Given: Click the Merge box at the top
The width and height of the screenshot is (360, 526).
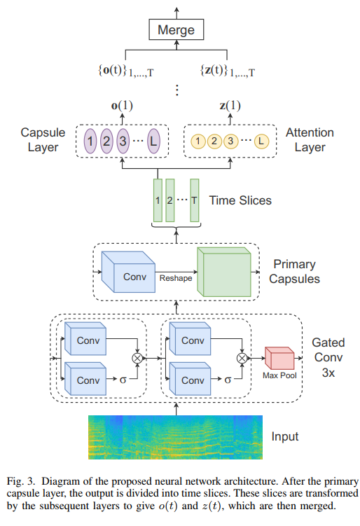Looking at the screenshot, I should click(x=176, y=31).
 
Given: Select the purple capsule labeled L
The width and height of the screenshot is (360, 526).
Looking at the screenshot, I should click(x=154, y=142).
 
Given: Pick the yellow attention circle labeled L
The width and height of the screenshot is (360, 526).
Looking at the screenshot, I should click(x=262, y=142).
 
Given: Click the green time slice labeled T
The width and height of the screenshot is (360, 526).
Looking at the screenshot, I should click(x=194, y=200).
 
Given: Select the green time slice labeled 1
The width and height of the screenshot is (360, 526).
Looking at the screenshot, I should click(x=158, y=200).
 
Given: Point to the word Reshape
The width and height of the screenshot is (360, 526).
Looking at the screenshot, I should click(x=175, y=278).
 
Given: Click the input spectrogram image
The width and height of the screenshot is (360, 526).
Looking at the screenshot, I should click(x=174, y=436).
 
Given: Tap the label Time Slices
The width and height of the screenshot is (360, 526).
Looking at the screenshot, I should click(x=240, y=200).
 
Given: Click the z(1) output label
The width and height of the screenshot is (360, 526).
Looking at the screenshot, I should click(x=230, y=106).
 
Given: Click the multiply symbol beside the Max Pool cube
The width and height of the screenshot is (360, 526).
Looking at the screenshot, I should click(x=242, y=357).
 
